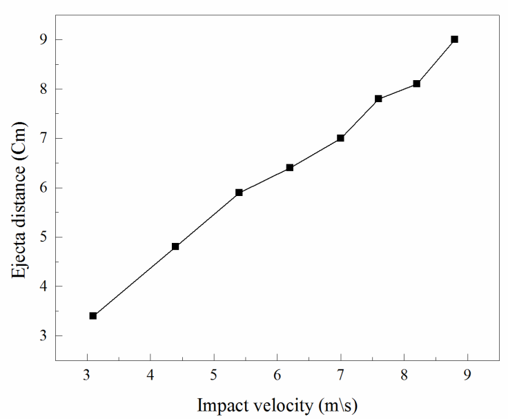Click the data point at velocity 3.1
(x=93, y=315)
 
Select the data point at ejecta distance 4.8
(x=175, y=246)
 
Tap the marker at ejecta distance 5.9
(x=239, y=193)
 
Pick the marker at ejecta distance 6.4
(x=290, y=168)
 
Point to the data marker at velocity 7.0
(x=341, y=138)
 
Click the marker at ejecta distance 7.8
(x=378, y=99)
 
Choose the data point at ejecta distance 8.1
(x=417, y=84)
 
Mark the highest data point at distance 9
(x=454, y=39)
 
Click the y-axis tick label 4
(x=42, y=286)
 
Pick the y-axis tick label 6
(x=42, y=188)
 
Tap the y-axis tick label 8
(x=42, y=89)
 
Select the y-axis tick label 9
(x=42, y=39)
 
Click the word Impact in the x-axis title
(x=219, y=405)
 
